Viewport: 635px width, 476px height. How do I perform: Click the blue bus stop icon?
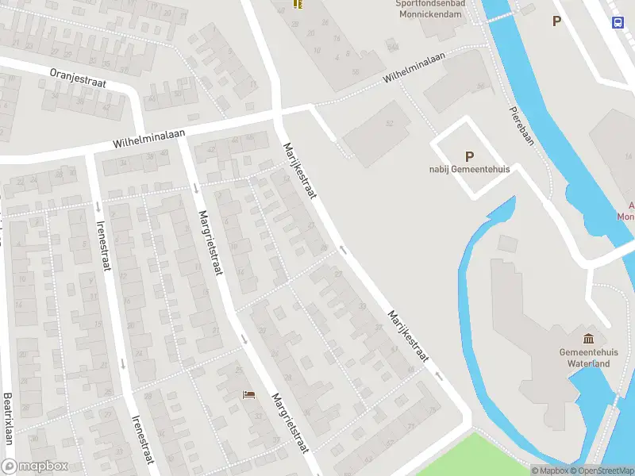[x=618, y=21]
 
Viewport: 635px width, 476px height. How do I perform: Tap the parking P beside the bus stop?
[x=557, y=21]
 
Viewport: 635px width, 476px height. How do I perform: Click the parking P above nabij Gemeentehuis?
[x=469, y=156]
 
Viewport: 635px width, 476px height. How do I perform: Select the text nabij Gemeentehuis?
[x=469, y=169]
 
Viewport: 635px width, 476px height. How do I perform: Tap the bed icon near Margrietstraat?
[x=249, y=394]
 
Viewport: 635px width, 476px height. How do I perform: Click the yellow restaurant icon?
[x=297, y=4]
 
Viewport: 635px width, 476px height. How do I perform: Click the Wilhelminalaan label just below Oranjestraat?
[x=148, y=140]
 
